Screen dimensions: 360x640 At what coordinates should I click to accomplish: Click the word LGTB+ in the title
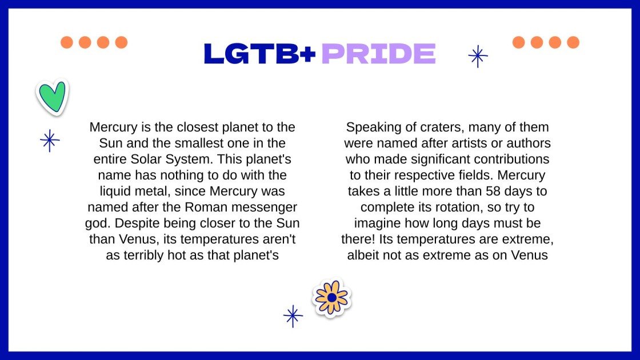click(x=259, y=54)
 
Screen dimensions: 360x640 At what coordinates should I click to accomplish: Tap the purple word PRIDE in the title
click(x=378, y=54)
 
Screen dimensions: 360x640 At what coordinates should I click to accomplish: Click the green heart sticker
click(x=53, y=97)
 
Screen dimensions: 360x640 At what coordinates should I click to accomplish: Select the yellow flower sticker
click(x=331, y=297)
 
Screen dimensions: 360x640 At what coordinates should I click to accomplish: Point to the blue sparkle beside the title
click(x=478, y=56)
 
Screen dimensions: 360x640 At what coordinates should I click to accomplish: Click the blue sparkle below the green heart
click(x=50, y=140)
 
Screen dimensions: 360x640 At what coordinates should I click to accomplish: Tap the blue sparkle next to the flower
click(x=293, y=316)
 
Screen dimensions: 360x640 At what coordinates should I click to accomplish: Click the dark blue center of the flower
click(x=331, y=297)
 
